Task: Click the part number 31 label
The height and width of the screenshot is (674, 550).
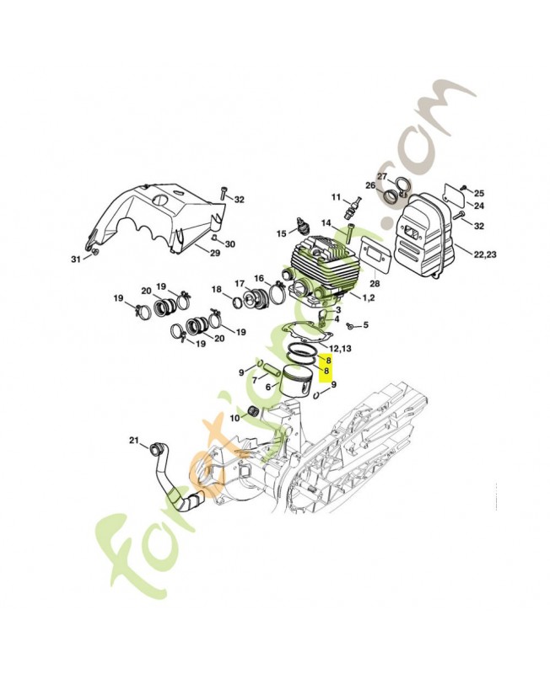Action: (x=76, y=259)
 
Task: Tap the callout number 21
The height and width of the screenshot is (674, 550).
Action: (x=133, y=441)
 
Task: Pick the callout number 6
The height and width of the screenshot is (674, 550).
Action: (x=269, y=388)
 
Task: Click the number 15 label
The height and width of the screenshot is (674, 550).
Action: (x=282, y=233)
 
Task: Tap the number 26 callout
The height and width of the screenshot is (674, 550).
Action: (x=369, y=186)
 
